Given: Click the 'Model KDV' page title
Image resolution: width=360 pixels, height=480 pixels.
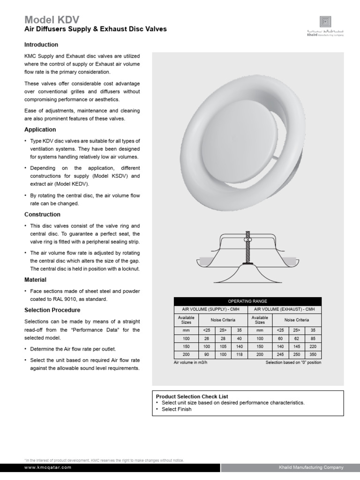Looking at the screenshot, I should click(x=52, y=19).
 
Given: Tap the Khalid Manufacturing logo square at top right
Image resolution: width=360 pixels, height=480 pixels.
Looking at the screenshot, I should click(x=325, y=22).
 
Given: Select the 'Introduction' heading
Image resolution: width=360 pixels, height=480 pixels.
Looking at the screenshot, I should click(x=41, y=45).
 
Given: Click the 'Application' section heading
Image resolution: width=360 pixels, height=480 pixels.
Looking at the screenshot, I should click(x=40, y=130).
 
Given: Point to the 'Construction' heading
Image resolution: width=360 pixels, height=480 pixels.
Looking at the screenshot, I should click(x=42, y=215).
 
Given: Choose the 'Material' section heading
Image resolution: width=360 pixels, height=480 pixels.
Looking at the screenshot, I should click(x=35, y=280).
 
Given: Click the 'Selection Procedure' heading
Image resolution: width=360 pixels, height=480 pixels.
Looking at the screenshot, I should click(x=52, y=310).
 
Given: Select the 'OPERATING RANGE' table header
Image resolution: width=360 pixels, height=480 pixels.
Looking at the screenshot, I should click(x=247, y=301).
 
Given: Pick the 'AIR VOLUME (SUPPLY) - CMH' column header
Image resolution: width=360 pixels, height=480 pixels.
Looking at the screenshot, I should click(x=210, y=309).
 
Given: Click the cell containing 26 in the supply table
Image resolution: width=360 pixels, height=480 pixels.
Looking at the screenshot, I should click(x=207, y=338).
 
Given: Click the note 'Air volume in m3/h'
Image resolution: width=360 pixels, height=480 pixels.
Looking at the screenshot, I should click(x=190, y=363).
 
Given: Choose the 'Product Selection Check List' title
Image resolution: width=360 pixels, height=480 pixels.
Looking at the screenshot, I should click(x=192, y=396).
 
